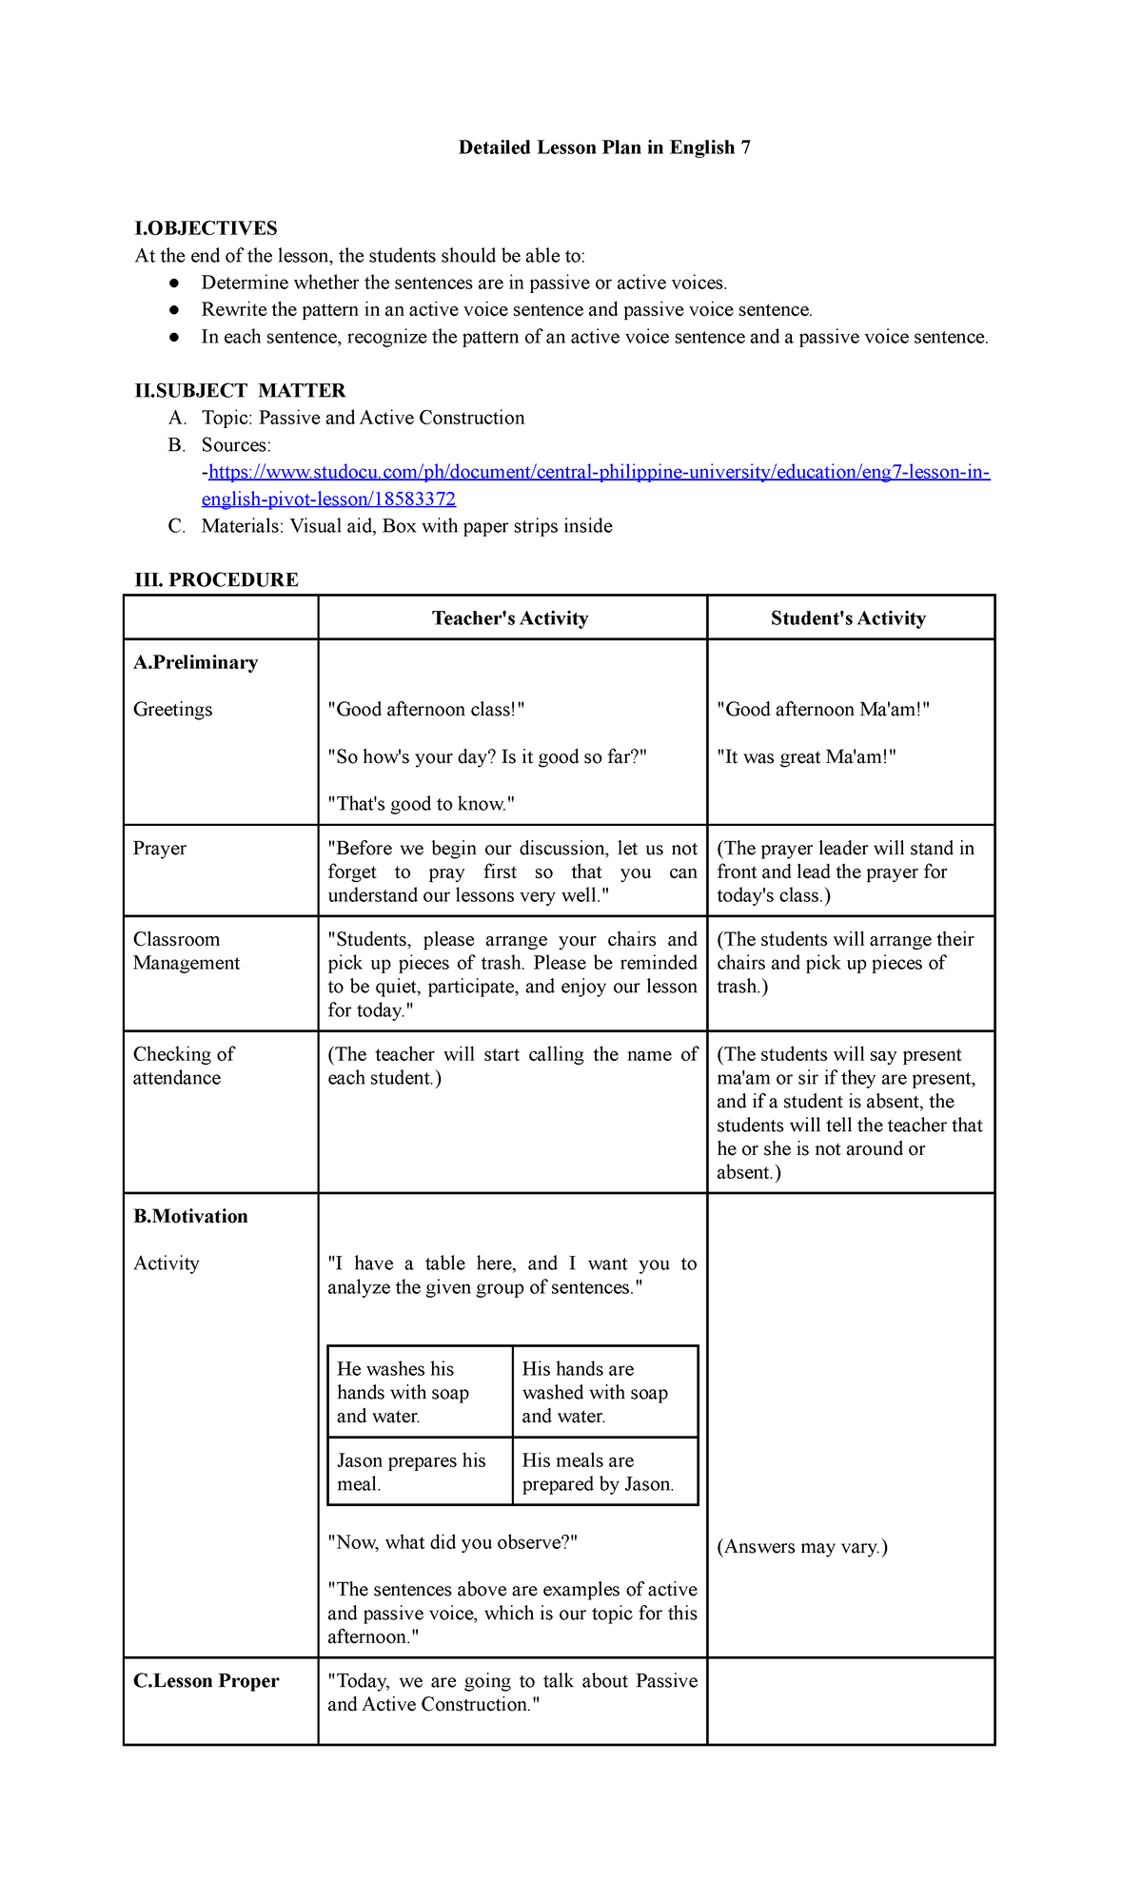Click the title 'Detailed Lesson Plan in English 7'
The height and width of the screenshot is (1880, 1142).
pos(604,147)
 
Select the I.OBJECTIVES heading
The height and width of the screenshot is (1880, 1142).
pos(206,228)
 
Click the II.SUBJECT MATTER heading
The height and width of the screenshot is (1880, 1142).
pos(240,391)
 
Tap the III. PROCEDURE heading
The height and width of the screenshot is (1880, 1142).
pos(216,579)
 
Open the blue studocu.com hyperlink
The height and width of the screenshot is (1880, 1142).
pos(599,473)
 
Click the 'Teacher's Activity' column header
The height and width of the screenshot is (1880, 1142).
pos(510,618)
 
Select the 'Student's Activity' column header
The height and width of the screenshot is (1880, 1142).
pos(848,618)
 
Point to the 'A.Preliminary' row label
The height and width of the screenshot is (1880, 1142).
pos(195,662)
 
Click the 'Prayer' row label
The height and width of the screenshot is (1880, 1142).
pos(160,849)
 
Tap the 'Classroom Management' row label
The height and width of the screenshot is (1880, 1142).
pos(186,951)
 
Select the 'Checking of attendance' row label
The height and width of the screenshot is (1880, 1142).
pos(183,1066)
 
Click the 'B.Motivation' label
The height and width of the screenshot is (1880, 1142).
pos(190,1216)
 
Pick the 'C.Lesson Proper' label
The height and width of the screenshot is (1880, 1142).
pos(207,1681)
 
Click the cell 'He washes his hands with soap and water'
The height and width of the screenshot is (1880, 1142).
pos(404,1392)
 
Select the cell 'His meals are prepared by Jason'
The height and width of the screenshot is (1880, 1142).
pos(598,1472)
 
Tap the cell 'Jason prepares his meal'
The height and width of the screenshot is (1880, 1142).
pos(411,1472)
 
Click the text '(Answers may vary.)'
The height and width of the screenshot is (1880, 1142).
pos(801,1547)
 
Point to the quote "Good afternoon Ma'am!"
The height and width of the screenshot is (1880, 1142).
pos(822,710)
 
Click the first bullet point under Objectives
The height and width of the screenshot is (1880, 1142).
pos(463,283)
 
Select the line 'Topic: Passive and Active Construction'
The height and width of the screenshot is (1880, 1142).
pos(363,418)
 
